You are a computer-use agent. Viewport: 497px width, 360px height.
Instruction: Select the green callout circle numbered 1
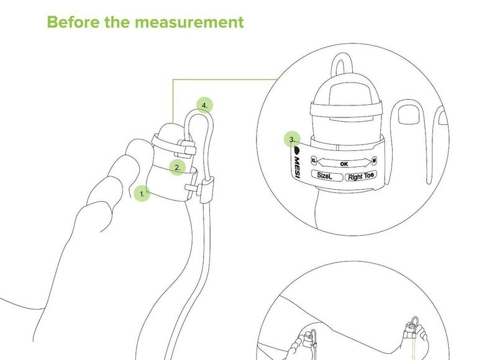click(x=142, y=194)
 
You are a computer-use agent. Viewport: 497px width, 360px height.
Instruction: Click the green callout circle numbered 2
click(x=177, y=168)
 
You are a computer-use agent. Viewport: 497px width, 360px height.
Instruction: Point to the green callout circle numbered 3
click(x=292, y=139)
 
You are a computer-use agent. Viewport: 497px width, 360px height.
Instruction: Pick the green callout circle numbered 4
click(x=205, y=105)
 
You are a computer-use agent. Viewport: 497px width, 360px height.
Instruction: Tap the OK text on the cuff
click(x=344, y=164)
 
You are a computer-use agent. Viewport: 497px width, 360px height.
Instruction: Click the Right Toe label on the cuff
click(x=361, y=176)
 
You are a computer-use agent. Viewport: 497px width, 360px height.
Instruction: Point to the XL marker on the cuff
click(x=314, y=160)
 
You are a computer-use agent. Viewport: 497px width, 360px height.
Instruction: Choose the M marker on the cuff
click(x=375, y=161)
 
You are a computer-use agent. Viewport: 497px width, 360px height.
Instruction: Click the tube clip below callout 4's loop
click(x=207, y=190)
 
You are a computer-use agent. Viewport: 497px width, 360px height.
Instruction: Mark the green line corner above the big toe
click(x=173, y=79)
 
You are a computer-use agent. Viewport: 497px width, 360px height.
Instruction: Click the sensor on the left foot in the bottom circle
click(x=308, y=340)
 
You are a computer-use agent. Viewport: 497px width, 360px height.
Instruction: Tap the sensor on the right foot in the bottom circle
click(x=411, y=333)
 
